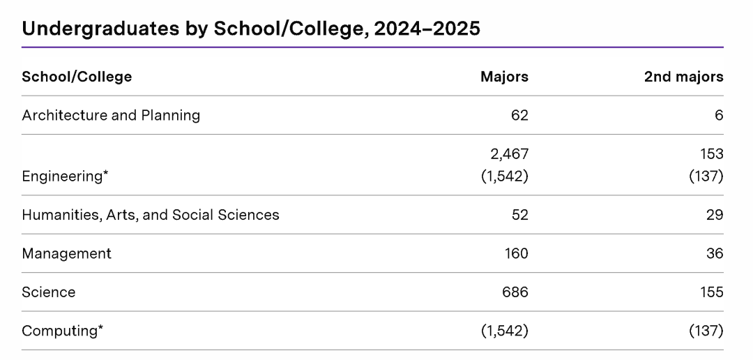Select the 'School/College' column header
[77, 77]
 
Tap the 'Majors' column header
[504, 77]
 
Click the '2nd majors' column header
[683, 77]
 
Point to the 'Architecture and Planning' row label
[111, 115]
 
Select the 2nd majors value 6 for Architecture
[718, 115]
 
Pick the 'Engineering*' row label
[65, 176]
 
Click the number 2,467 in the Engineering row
[505, 153]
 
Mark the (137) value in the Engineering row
[706, 176]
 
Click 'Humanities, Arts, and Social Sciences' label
[151, 215]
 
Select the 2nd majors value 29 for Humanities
[715, 215]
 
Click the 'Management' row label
[66, 253]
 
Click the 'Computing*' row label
[62, 331]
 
